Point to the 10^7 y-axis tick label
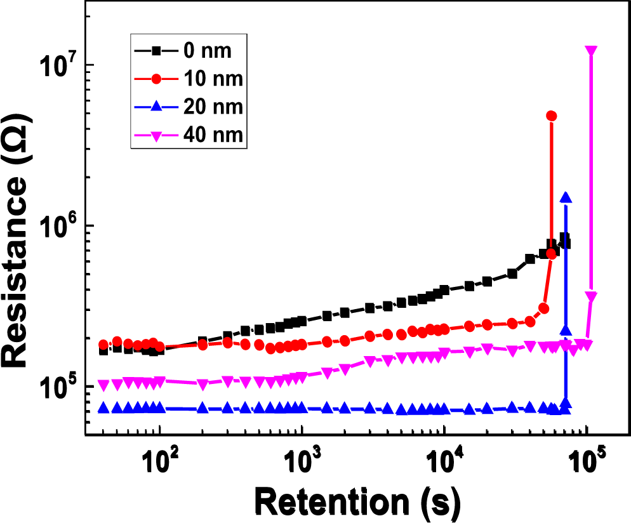(x=60, y=65)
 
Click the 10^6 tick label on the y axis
(x=60, y=226)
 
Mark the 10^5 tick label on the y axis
(x=60, y=387)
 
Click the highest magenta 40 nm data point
(x=591, y=51)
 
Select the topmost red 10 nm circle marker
(x=551, y=116)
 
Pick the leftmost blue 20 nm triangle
(x=103, y=408)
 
